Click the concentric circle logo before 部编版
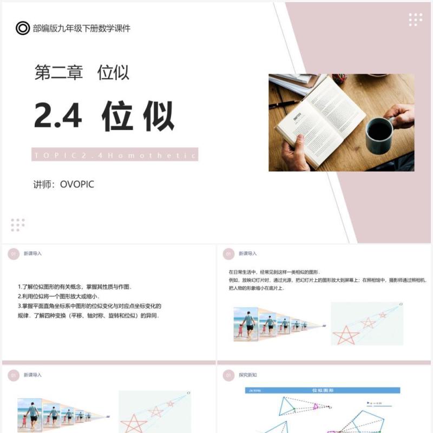23,28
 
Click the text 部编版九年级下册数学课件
81,28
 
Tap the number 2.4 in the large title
58,116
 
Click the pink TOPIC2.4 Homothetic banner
115,155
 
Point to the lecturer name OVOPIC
77,185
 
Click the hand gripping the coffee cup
401,115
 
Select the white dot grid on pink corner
415,19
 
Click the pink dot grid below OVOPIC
18,225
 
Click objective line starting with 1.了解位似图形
75,287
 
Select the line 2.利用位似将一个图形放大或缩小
60,297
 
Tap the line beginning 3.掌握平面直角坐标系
89,306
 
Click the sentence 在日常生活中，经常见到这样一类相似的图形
274,271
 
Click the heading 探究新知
248,375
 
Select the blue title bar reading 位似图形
323,390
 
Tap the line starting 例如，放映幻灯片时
327,280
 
